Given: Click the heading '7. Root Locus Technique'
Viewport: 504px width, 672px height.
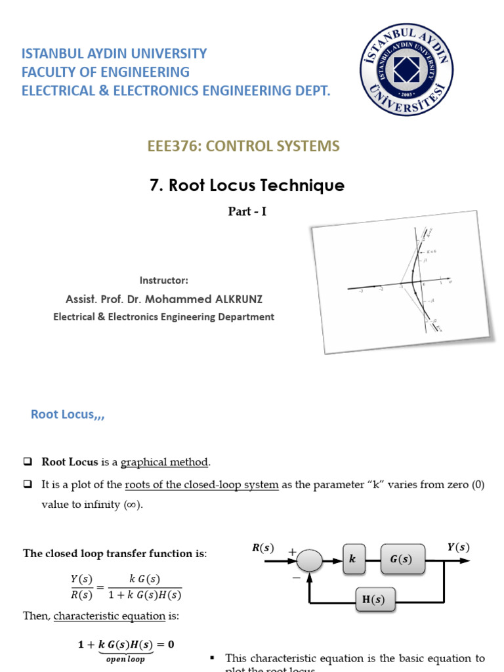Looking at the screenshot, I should click(247, 186).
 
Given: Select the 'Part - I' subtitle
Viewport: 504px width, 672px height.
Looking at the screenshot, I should click(247, 211).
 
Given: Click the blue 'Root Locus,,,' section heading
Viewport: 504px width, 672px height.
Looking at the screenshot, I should click(68, 415).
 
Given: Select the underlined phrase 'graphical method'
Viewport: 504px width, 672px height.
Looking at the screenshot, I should click(165, 462).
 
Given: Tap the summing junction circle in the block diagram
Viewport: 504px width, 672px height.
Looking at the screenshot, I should click(310, 560).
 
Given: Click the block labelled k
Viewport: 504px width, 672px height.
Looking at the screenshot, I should click(353, 560).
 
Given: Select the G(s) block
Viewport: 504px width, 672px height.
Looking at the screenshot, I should click(400, 560).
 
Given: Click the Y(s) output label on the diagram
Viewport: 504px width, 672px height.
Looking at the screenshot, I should click(458, 547).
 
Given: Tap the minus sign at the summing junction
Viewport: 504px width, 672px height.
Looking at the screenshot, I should click(296, 577).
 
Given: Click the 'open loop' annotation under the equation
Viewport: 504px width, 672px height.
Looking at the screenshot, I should click(125, 660).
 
